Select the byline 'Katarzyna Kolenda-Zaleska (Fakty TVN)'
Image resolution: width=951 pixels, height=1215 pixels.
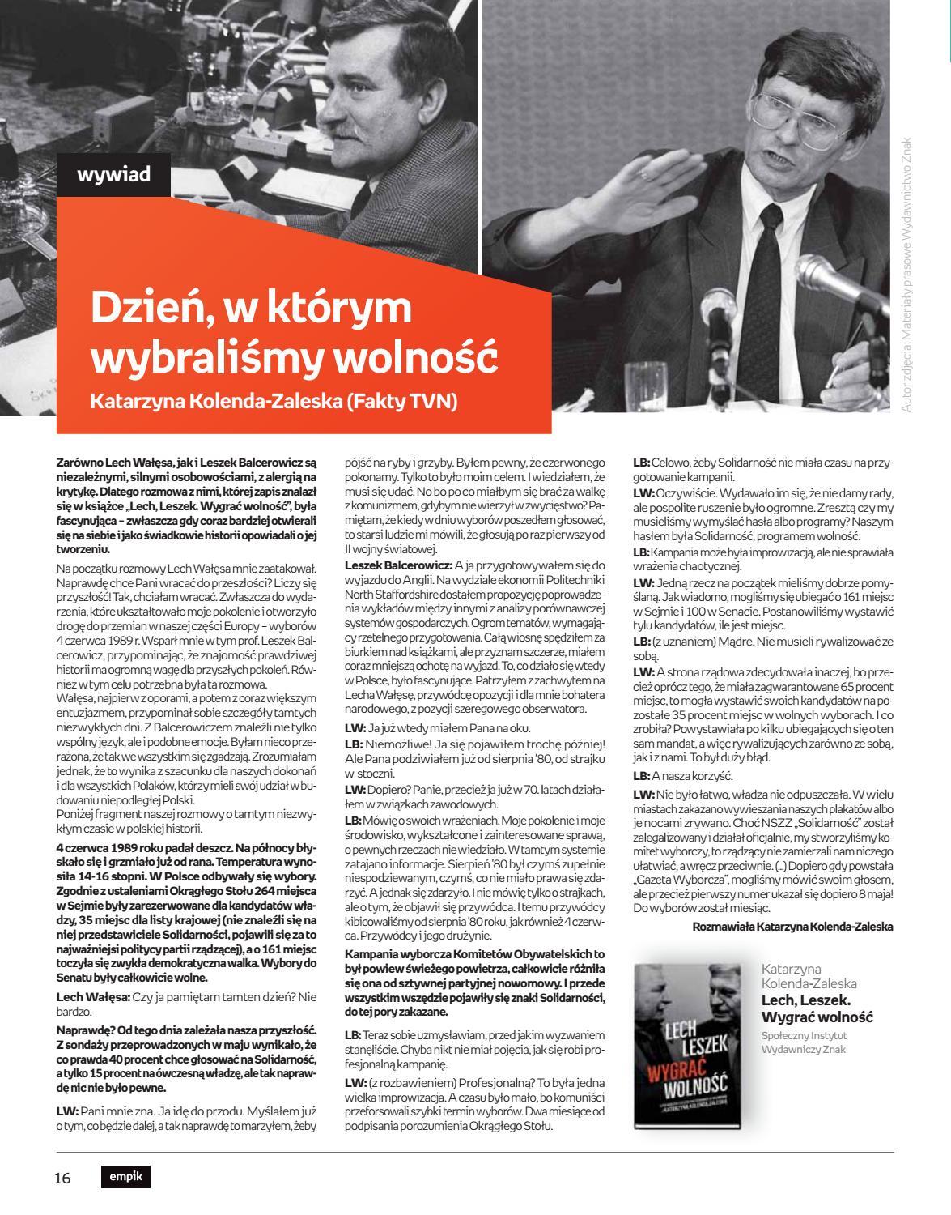[x=274, y=401]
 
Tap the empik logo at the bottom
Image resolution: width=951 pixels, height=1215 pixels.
[x=125, y=1177]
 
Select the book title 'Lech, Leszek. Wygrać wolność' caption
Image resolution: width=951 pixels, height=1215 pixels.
[x=817, y=1008]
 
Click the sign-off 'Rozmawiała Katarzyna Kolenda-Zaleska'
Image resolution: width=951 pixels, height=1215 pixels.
[x=793, y=927]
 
